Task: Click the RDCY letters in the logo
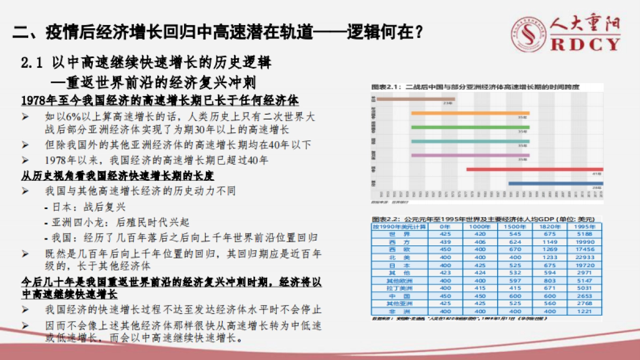[x=586, y=44]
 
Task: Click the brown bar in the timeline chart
[x=415, y=99]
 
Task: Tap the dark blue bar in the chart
[x=555, y=183]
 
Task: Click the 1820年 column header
[x=549, y=226]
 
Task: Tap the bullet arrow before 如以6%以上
[x=25, y=116]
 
